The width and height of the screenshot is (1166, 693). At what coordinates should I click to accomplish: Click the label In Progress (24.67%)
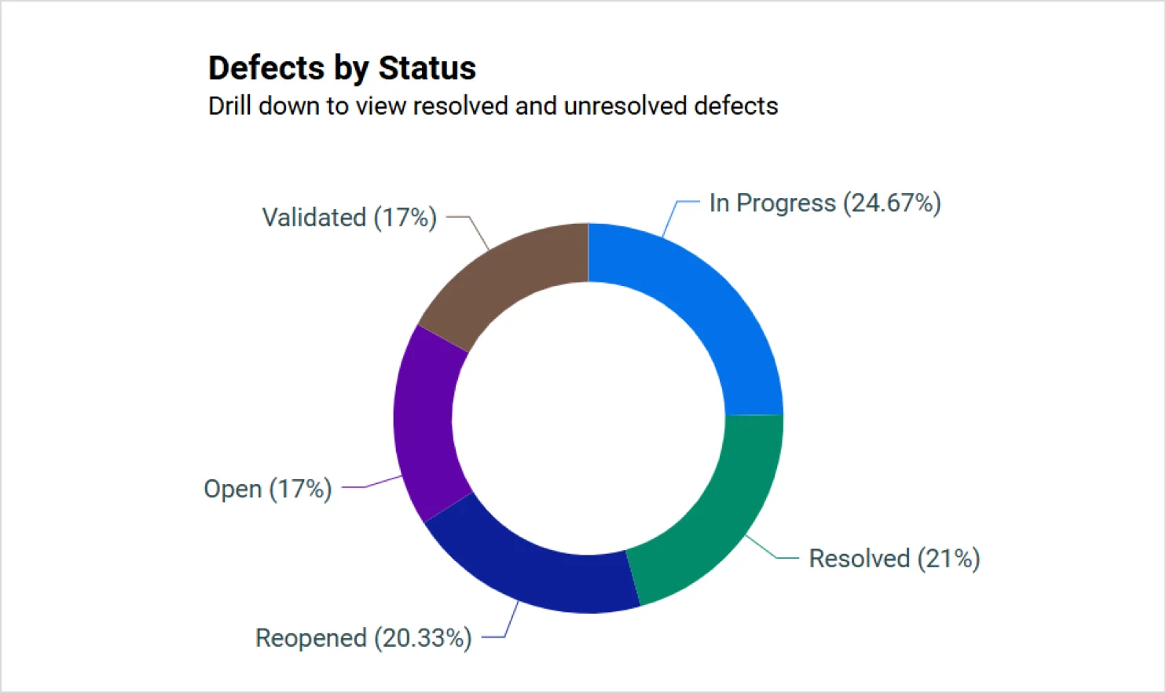[x=824, y=203]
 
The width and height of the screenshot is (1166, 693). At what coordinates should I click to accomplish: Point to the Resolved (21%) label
[x=894, y=559]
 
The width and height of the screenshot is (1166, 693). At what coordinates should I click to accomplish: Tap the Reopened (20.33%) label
[x=363, y=638]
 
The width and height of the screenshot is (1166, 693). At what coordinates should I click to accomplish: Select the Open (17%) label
[x=267, y=489]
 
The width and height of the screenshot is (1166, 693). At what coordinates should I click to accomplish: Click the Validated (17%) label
[x=349, y=218]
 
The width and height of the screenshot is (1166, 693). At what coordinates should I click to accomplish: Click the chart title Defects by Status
[x=342, y=68]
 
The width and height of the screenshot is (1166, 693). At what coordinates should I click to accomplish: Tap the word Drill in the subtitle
[x=229, y=106]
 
